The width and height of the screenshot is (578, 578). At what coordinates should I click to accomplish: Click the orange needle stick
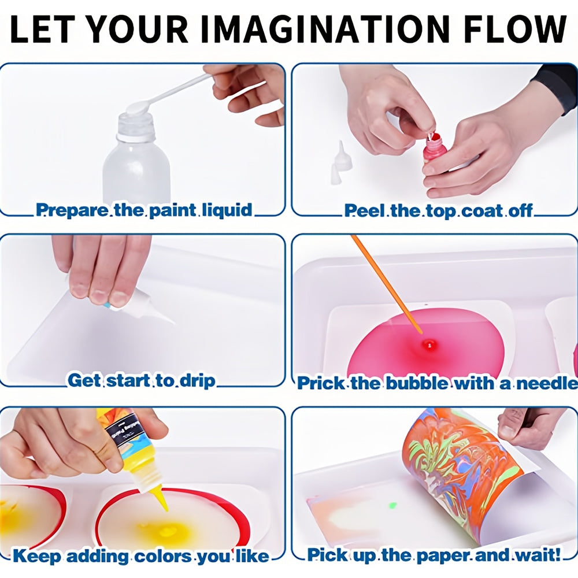click(387, 284)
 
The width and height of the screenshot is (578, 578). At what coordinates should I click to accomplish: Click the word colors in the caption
click(164, 556)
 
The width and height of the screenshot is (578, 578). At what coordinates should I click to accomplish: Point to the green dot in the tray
click(392, 505)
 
